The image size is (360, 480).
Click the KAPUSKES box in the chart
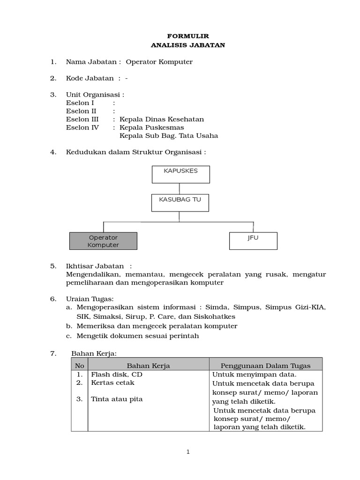180,174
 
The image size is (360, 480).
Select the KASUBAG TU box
180,202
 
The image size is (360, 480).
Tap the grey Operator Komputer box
103,241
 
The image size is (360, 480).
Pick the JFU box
253,241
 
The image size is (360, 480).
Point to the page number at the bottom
188,452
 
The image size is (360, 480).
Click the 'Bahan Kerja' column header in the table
148,366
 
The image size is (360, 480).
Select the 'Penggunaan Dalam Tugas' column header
265,366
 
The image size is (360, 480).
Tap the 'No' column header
80,366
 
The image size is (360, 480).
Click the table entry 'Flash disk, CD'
117,375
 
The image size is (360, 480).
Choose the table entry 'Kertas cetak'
112,382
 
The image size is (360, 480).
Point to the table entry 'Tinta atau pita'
117,399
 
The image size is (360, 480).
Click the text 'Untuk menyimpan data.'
254,375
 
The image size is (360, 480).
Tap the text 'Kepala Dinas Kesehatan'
162,119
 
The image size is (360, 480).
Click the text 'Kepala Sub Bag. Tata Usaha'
169,136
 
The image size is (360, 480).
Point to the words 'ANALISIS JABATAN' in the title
188,45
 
